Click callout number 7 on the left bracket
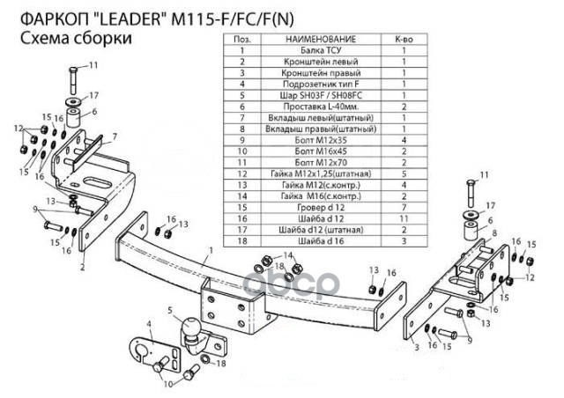pos(113,136)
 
